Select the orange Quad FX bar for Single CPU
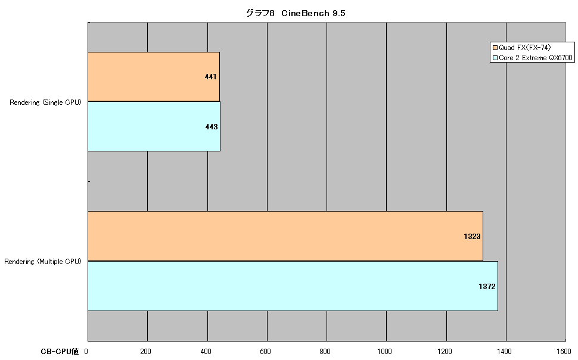tap(154, 76)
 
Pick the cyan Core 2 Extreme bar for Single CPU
tap(154, 126)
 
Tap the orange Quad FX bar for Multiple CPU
tap(285, 236)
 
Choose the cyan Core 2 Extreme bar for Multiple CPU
tap(293, 286)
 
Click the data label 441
tap(210, 77)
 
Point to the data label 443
tap(212, 127)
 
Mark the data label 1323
tap(472, 237)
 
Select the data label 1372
tap(487, 287)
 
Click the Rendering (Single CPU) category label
tap(45, 103)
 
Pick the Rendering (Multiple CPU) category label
tap(43, 262)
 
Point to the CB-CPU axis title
tap(60, 352)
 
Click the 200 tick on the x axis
tap(145, 352)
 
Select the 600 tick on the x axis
tap(265, 352)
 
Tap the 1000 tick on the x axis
tap(384, 352)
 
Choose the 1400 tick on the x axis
tap(504, 352)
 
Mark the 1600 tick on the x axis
tap(564, 352)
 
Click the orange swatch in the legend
tap(495, 48)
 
